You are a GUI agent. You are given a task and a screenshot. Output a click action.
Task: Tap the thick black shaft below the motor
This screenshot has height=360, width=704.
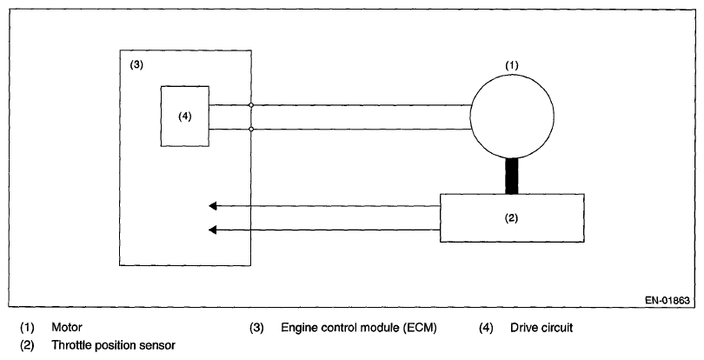pos(512,177)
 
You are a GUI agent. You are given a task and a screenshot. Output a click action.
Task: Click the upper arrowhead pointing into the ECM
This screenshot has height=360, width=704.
pos(213,206)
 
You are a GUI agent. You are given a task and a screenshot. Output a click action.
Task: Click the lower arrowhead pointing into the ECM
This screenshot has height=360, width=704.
pos(213,230)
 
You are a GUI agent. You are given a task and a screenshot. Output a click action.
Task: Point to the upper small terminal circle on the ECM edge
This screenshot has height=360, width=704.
pos(251,105)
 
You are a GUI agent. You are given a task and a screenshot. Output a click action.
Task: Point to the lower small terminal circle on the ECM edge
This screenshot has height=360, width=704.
pos(251,129)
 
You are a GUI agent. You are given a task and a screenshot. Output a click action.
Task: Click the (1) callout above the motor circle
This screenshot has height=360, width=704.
pos(512,65)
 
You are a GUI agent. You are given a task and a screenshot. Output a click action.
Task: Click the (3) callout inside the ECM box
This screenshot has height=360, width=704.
pos(136,64)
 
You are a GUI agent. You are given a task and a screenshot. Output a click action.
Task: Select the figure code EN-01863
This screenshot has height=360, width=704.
pos(667,301)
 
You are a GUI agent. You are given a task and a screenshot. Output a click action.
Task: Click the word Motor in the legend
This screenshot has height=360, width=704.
pos(67,327)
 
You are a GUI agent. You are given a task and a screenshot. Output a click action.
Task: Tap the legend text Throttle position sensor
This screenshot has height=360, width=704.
pos(113,345)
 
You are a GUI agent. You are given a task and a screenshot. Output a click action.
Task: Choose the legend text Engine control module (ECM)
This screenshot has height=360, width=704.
pos(359,328)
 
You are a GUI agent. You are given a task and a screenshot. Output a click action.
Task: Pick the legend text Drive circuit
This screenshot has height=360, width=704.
pos(541,328)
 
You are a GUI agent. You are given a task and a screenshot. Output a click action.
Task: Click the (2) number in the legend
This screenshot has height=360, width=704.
pos(27,345)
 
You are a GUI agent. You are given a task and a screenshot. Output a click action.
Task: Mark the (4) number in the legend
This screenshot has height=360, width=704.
pos(486,328)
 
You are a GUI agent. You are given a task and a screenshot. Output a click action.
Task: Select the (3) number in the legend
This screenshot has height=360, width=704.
pos(256,328)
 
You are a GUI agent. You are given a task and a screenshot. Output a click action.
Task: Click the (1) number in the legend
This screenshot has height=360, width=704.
pos(27,327)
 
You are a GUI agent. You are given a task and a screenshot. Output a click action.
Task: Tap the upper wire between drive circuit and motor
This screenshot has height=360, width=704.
pos(340,105)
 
